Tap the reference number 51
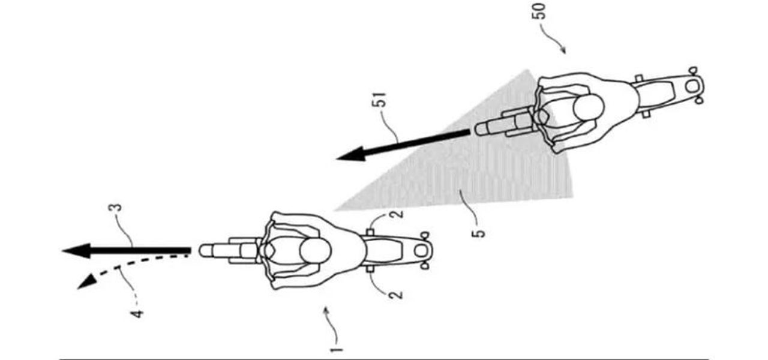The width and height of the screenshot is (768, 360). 380,100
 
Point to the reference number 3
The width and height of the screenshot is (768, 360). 117,208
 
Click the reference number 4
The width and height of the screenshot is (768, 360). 137,314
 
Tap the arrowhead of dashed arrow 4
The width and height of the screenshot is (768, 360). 87,282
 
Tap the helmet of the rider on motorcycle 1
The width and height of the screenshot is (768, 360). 316,251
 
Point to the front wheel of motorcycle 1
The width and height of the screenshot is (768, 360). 211,251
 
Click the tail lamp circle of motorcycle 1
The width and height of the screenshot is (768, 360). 421,251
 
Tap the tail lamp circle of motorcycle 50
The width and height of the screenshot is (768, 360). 692,86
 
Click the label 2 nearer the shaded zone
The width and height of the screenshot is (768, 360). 397,214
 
